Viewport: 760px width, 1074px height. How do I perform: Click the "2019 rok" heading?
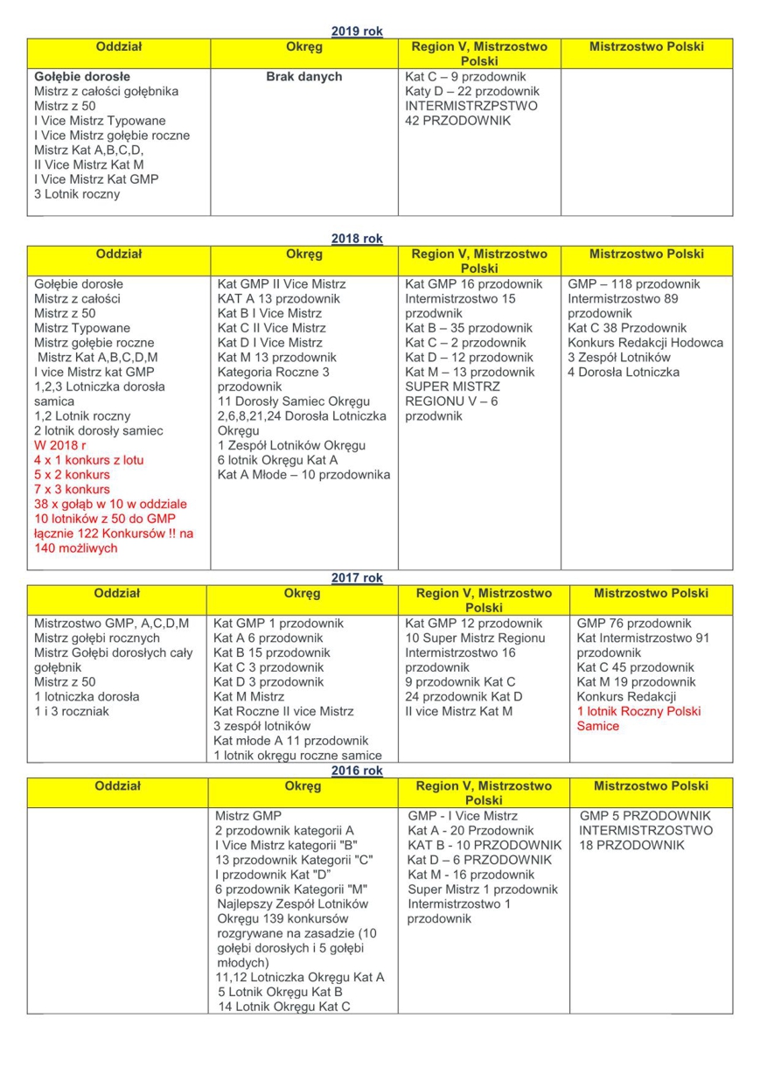(x=357, y=31)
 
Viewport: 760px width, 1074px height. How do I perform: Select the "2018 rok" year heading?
(x=357, y=239)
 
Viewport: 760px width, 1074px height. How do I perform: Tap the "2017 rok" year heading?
(x=357, y=578)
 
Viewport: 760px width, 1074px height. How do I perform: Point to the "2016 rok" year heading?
(x=357, y=771)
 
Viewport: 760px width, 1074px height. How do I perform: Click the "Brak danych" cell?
(x=303, y=77)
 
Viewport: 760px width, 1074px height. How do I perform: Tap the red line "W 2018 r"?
(x=60, y=445)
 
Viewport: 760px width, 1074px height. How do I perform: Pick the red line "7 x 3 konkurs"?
(x=72, y=489)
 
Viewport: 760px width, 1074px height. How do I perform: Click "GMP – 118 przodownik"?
(x=633, y=284)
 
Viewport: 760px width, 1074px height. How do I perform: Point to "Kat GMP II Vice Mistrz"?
(x=282, y=284)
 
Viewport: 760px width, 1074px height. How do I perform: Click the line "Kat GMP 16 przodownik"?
(x=473, y=284)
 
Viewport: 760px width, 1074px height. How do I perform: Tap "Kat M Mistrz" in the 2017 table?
(x=248, y=697)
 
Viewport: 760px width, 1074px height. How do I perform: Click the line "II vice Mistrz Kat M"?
(x=459, y=711)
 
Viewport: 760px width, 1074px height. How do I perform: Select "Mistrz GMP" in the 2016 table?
(x=248, y=816)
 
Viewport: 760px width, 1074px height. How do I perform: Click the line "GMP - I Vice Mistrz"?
(x=463, y=816)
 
